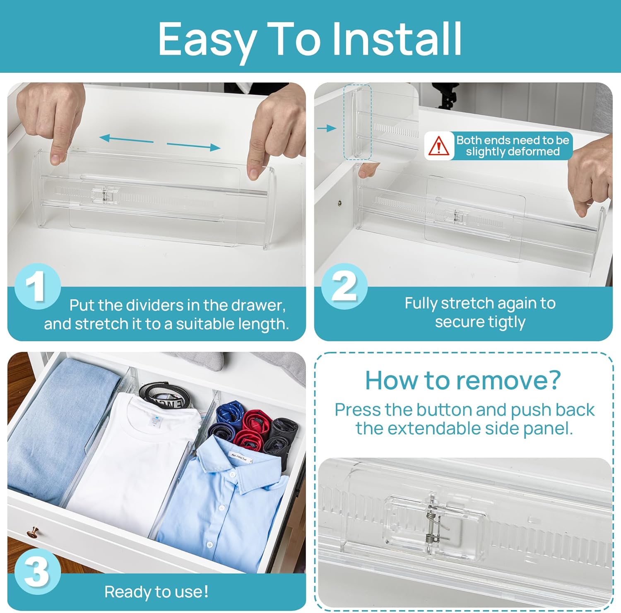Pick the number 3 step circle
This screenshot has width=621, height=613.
37,572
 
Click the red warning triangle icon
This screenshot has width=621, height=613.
438,146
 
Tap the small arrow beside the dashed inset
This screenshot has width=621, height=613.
327,128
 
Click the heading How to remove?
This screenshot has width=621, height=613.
463,380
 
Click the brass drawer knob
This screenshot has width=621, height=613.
32,532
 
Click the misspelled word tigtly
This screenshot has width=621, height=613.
507,322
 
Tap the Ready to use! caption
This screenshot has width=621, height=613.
156,592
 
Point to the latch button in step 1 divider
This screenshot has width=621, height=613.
104,195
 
